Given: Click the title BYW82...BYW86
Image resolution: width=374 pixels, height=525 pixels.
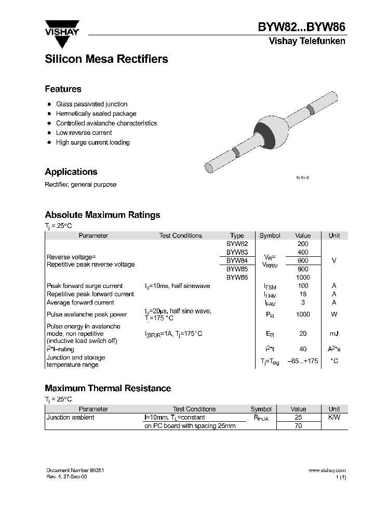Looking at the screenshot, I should [x=301, y=27].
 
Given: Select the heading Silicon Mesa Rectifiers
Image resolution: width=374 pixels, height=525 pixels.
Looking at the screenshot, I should [x=106, y=59].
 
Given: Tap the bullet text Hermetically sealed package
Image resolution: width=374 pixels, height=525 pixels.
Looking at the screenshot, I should [x=96, y=114].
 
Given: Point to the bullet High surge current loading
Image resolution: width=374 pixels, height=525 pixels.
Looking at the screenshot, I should [x=93, y=142].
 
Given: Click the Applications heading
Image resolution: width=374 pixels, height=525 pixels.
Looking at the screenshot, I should [x=71, y=172].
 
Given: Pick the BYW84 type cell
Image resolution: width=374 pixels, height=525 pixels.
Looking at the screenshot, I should [x=237, y=260].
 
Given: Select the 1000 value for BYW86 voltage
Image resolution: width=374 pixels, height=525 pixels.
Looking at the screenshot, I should [x=303, y=277].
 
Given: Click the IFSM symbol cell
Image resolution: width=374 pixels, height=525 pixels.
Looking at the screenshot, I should [x=270, y=286].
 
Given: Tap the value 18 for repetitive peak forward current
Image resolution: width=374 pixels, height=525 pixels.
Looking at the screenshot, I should [x=303, y=294].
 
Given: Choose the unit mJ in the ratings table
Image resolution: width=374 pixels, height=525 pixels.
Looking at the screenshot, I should [x=334, y=334].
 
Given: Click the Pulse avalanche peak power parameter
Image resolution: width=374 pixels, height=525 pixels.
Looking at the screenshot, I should [x=87, y=314].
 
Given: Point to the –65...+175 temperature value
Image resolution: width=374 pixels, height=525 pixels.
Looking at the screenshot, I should [x=303, y=361].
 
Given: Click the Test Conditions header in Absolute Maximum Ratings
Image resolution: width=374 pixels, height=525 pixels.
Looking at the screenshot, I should [x=180, y=236].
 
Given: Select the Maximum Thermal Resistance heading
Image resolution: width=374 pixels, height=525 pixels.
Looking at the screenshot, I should [x=108, y=388].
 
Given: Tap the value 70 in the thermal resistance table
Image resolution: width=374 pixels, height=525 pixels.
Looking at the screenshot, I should [x=298, y=426].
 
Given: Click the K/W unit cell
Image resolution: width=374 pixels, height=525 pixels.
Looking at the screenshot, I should [x=334, y=417].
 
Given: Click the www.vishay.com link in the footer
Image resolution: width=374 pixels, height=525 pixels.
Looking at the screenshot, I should [x=327, y=470].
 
